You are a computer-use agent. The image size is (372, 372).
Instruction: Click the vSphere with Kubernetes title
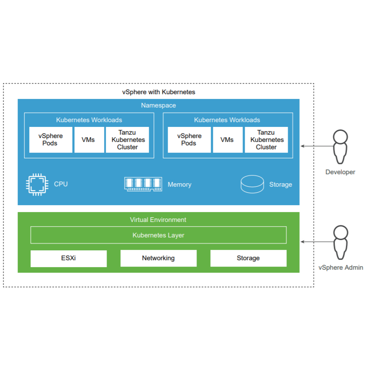coord(159,92)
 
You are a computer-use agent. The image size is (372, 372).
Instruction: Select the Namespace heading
coord(158,105)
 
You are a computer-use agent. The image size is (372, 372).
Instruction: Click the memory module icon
coord(143,184)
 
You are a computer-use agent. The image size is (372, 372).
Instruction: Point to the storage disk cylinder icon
coord(252,184)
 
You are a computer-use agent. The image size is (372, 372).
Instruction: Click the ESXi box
coord(68,258)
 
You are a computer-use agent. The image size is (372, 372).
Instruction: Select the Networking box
coord(158,258)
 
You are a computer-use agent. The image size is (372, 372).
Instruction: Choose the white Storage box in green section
coord(248,258)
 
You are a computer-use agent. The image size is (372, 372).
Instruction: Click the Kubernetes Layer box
coord(158,235)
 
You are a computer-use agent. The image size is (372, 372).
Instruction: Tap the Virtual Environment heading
coord(158,220)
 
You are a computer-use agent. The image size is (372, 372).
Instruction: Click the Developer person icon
coord(341,147)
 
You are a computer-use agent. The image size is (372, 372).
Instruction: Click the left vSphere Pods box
coord(51,140)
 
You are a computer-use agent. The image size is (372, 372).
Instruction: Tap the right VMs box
coord(227,140)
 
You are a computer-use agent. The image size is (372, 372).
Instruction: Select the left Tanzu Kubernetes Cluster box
coord(128,140)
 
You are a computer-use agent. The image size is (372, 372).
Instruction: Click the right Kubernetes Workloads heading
coord(227,120)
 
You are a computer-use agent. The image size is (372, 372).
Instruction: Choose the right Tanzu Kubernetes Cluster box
coord(266,140)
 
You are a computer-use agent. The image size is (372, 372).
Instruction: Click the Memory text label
coord(179,184)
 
